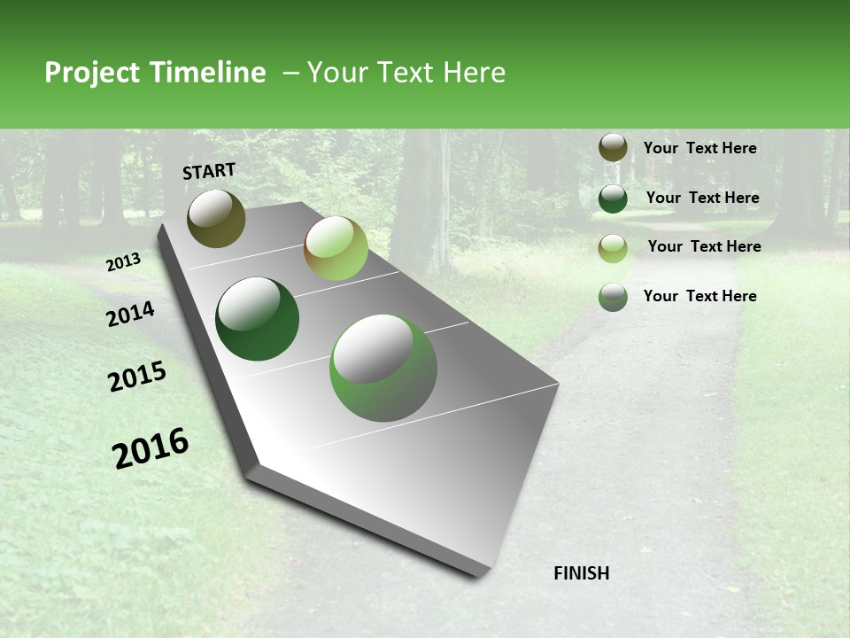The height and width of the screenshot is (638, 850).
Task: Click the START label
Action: pos(209,171)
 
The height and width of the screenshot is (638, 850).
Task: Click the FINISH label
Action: pos(581,573)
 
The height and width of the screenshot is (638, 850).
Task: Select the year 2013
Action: pos(124,262)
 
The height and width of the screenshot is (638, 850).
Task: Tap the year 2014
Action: pos(131,314)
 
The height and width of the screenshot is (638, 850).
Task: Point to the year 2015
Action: pos(137,377)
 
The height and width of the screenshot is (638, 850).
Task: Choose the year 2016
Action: pos(151,448)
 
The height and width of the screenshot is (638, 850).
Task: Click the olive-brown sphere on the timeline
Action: pos(216,218)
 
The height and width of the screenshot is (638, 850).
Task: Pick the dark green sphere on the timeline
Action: pos(257,319)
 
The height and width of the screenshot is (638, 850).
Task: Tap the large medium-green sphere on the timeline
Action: pos(383,368)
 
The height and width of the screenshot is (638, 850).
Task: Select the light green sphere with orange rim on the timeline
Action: pos(336,248)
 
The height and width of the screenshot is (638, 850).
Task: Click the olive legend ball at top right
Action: pos(613,148)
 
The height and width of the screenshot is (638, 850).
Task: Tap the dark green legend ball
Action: pos(613,198)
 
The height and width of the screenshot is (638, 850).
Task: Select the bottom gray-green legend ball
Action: pos(613,297)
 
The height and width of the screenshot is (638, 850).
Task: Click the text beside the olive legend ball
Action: pos(699,148)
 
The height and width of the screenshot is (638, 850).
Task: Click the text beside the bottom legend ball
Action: pos(699,296)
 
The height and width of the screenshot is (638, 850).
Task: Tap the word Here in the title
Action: pos(474,73)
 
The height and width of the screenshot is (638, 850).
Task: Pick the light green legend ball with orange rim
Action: pos(613,248)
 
